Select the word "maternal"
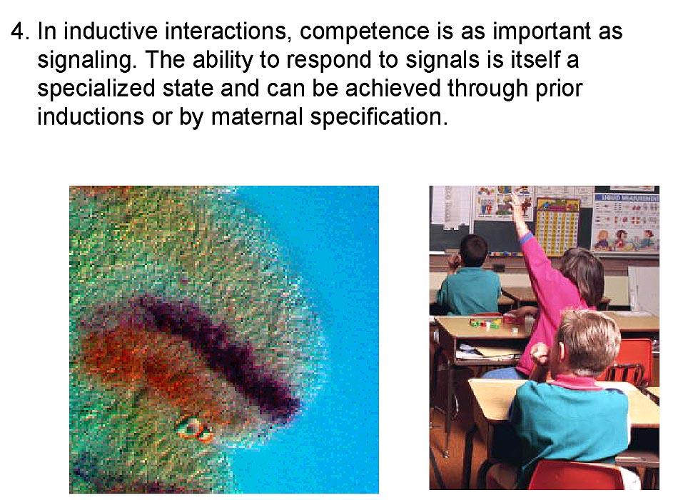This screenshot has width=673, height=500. pyautogui.click(x=257, y=116)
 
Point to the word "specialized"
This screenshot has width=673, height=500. pyautogui.click(x=96, y=89)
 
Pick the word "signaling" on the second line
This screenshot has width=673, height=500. pyautogui.click(x=86, y=61)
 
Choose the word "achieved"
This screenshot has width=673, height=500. pyautogui.click(x=393, y=88)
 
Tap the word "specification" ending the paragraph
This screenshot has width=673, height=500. pyautogui.click(x=379, y=117)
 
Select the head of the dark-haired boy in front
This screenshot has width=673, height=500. pyautogui.click(x=472, y=251)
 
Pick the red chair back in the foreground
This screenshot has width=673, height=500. pyautogui.click(x=576, y=474)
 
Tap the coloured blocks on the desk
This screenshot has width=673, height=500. pyautogui.click(x=486, y=323)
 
